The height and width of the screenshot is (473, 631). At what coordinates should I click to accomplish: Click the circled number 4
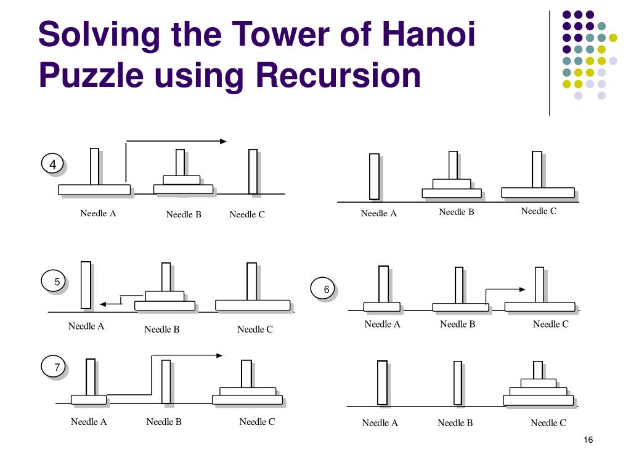coord(53,164)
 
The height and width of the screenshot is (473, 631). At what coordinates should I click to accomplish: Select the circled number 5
coord(57,282)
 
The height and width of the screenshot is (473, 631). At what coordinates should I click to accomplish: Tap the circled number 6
coord(327,289)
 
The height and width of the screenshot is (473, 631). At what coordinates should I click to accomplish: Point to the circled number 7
coord(57,368)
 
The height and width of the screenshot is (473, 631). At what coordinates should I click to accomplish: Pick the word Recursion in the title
coord(338,76)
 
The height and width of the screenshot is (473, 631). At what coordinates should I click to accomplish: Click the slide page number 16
coord(587,440)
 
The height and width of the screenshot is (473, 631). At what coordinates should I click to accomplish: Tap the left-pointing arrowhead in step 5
coord(104,304)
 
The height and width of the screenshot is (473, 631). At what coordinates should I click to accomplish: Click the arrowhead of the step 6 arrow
coord(522,289)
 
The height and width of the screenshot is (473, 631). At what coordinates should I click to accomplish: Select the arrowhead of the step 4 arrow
coord(223,142)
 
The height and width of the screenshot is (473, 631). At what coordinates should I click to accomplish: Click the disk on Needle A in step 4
coord(94,190)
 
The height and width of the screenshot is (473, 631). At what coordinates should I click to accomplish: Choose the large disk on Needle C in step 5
coord(253,305)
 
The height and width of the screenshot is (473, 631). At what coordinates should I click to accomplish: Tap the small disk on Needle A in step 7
coord(89,400)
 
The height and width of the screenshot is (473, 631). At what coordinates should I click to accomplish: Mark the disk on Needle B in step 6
coord(460,307)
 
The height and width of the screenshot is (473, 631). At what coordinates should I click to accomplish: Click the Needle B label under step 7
coord(164,422)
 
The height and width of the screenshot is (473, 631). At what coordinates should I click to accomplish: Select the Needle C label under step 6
coord(550,324)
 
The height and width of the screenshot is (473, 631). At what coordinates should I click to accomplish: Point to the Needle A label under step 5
coord(86,326)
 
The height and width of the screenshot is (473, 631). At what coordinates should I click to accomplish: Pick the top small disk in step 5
coord(165,296)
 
